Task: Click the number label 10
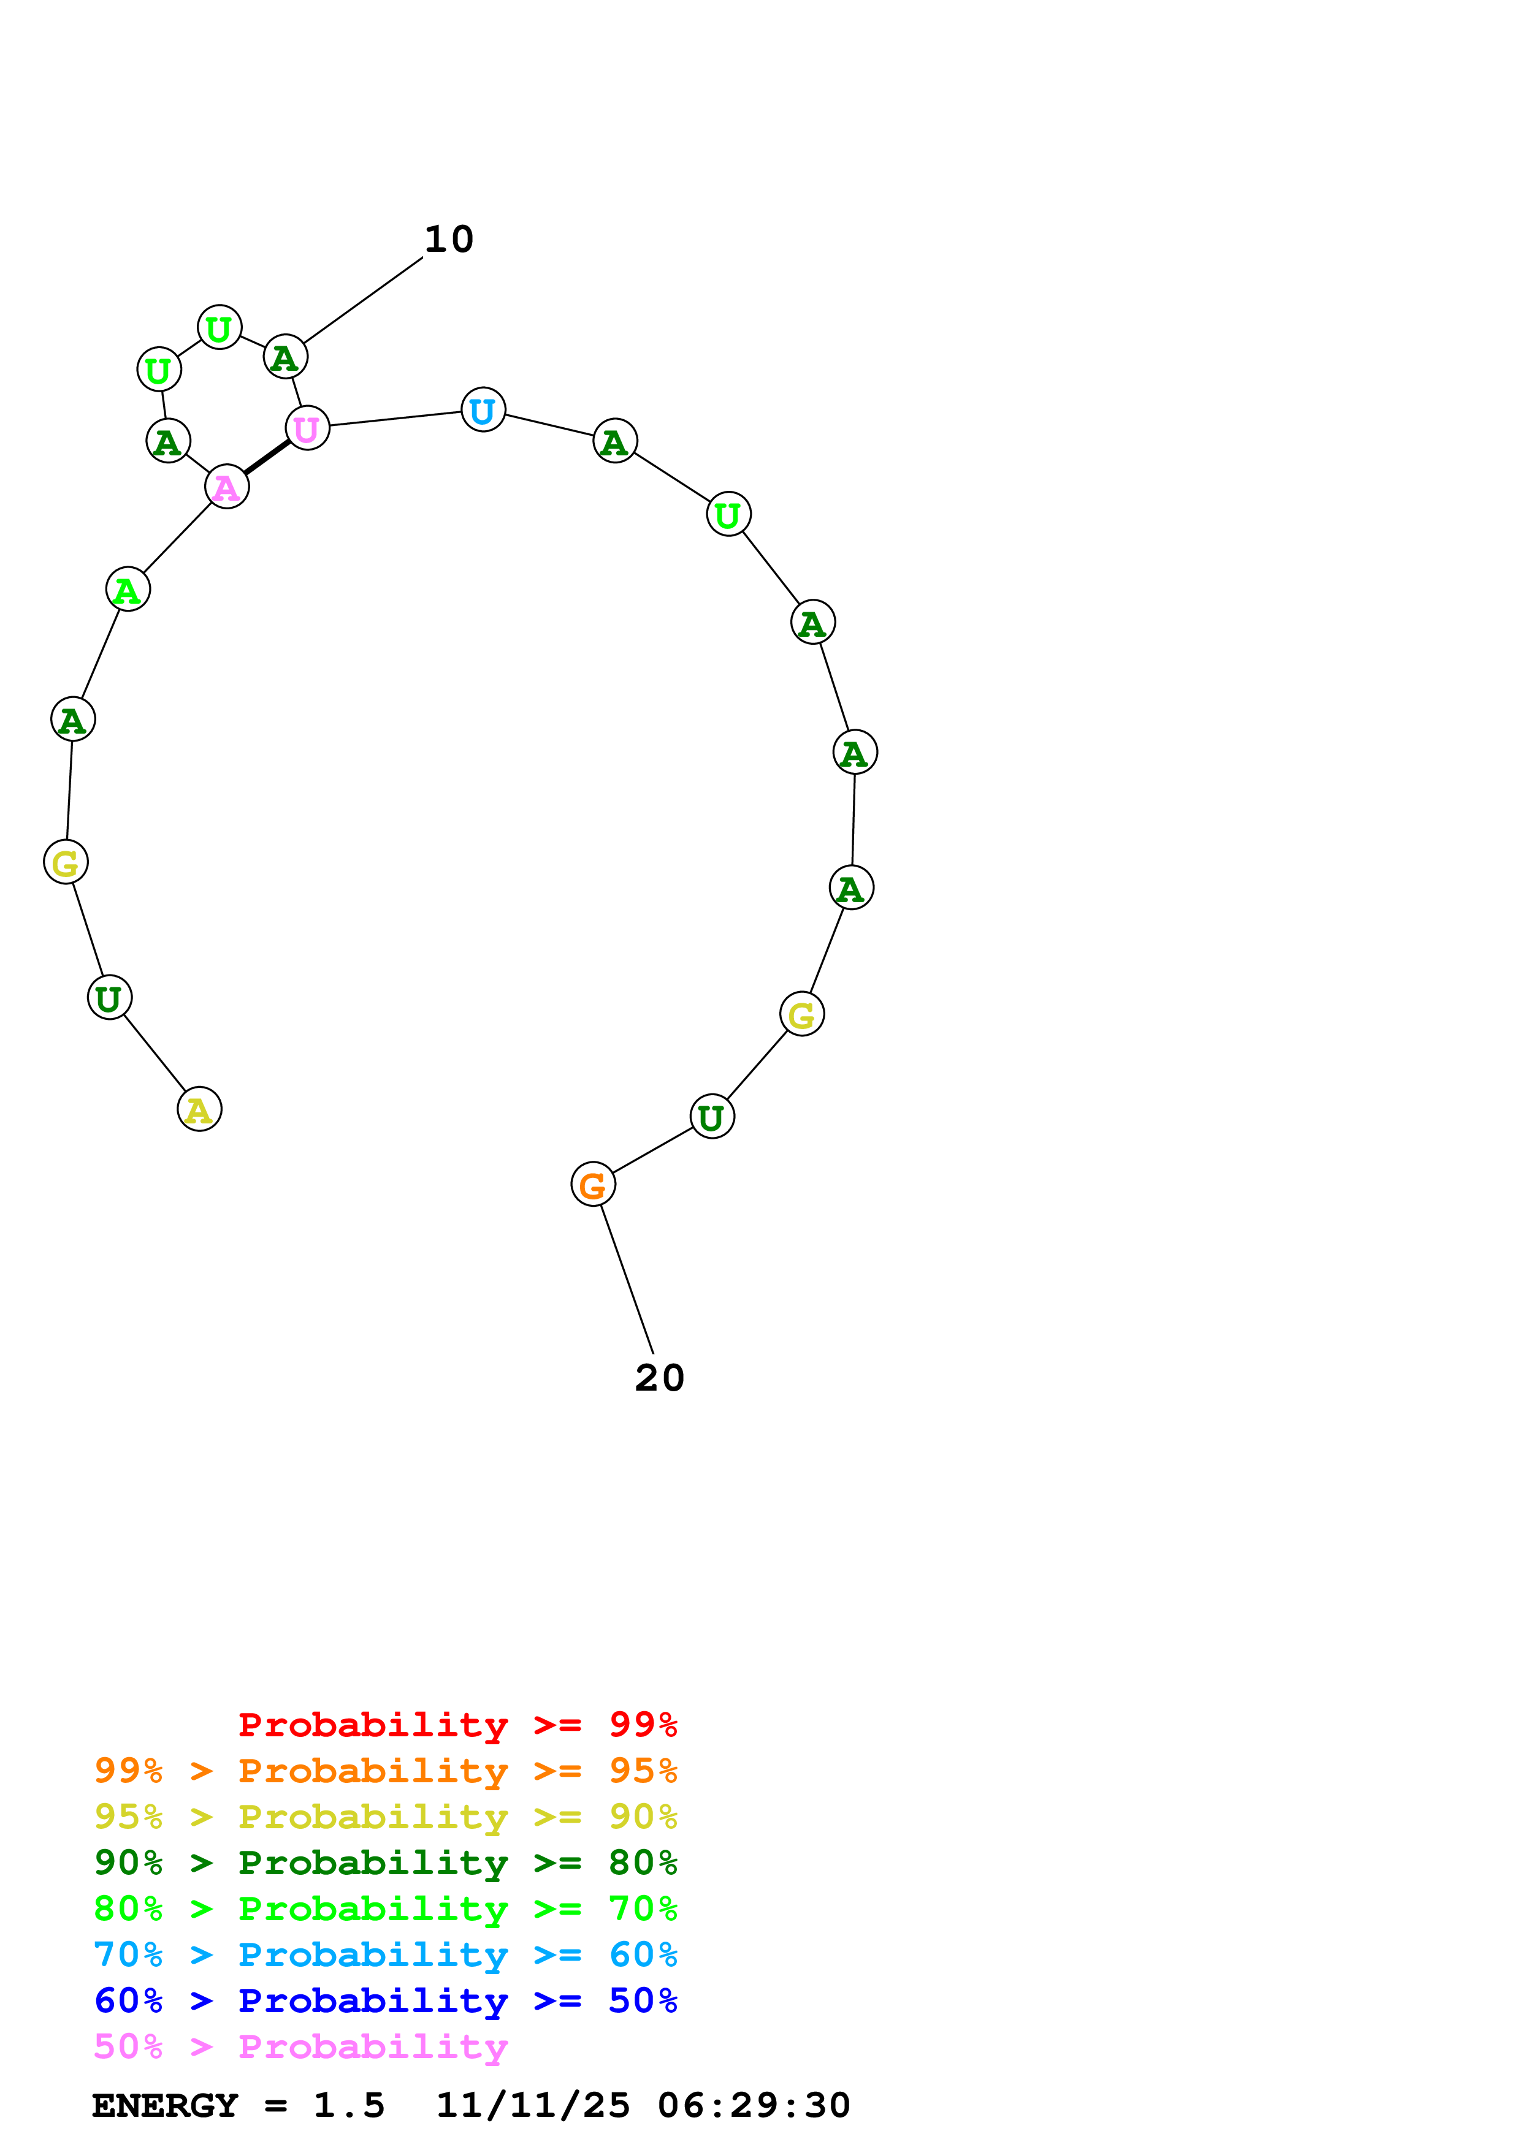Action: [x=449, y=240]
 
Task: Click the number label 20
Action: [x=659, y=1378]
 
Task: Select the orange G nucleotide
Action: [x=593, y=1185]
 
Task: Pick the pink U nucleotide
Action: [x=307, y=429]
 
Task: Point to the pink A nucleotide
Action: [x=227, y=487]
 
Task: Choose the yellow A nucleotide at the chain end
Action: [x=199, y=1110]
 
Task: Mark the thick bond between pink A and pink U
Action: [x=267, y=458]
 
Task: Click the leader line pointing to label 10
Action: [x=362, y=300]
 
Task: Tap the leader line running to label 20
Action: [x=627, y=1278]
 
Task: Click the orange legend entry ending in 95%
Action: [x=385, y=1771]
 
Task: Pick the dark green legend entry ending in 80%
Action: [x=385, y=1863]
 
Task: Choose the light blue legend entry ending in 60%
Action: [x=385, y=1954]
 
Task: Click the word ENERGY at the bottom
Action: [x=165, y=2106]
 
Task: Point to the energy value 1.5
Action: [x=348, y=2106]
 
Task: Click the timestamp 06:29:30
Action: [x=754, y=2106]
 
